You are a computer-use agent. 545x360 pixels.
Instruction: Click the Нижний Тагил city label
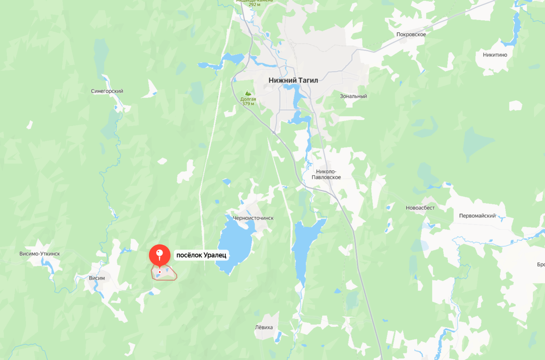tap(293, 80)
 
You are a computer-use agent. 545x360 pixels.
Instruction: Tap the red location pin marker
tap(159, 255)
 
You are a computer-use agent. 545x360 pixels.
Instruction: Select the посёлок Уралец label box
tap(201, 255)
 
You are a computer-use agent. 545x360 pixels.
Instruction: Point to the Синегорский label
tap(107, 91)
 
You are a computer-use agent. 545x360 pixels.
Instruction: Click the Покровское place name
tap(411, 35)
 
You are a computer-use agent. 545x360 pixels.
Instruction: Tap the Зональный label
tap(353, 96)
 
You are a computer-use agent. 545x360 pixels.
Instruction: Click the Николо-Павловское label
tap(326, 174)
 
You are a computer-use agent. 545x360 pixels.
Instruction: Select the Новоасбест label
tap(420, 208)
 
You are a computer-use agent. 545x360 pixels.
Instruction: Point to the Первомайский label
tap(477, 216)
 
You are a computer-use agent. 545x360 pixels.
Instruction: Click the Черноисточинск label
tap(253, 218)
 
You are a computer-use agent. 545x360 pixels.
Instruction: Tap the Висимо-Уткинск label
tap(40, 254)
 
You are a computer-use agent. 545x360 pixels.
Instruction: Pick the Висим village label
tap(97, 278)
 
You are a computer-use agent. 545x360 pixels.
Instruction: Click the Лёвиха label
tap(264, 327)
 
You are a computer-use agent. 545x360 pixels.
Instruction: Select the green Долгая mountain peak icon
tap(248, 92)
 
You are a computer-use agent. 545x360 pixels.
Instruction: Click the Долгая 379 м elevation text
tap(248, 101)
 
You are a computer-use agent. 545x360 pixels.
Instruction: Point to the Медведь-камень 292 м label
tap(254, 3)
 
